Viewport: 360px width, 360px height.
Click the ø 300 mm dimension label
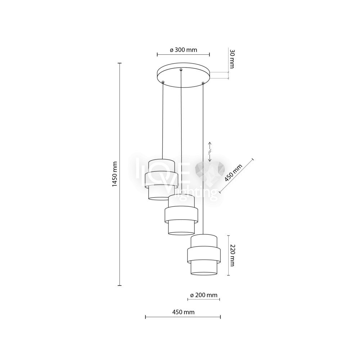point(184,50)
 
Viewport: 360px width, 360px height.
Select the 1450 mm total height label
point(115,174)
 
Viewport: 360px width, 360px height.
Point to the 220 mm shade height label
point(232,255)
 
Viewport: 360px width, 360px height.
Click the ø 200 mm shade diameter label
point(204,295)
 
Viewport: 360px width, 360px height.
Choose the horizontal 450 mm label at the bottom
point(183,312)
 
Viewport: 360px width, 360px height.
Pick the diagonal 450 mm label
point(233,173)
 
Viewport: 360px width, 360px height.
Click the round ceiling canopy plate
point(183,75)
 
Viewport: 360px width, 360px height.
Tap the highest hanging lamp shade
point(161,180)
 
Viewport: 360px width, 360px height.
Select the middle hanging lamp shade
point(181,215)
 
